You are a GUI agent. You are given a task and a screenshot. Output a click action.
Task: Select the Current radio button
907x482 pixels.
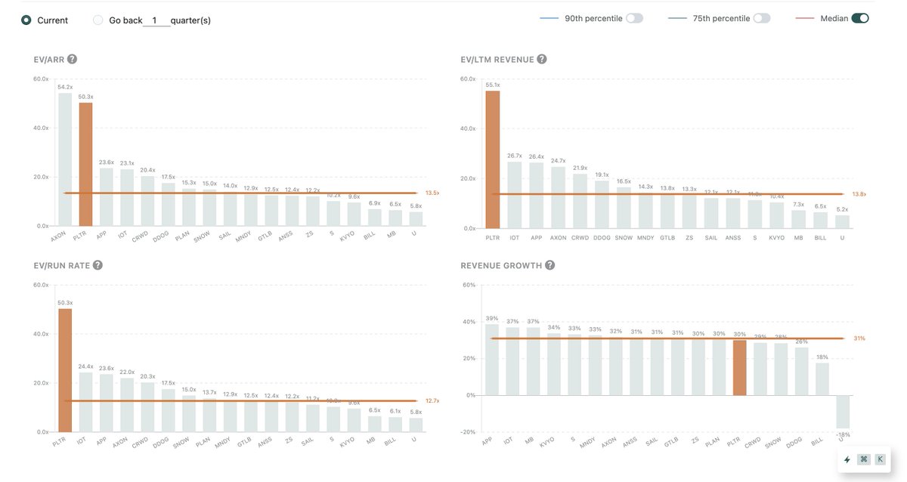point(26,20)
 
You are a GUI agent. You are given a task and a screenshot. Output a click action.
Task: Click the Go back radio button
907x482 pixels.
point(98,20)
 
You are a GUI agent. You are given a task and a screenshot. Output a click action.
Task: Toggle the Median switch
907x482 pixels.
point(859,18)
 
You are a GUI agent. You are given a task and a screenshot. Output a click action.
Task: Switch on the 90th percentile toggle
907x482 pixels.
point(634,18)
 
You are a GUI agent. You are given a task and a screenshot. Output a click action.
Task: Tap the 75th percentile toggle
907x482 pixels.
point(761,18)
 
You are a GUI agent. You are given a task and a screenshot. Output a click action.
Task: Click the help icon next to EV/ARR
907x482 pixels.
point(72,60)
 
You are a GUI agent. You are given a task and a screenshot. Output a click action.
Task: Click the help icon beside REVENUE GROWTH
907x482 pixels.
point(549,265)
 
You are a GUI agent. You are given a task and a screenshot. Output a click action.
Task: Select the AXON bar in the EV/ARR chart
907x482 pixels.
point(65,159)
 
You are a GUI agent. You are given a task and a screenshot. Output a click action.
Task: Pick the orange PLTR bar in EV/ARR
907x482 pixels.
point(85,164)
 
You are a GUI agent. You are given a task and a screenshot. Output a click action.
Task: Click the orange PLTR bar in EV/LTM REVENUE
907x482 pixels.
point(493,159)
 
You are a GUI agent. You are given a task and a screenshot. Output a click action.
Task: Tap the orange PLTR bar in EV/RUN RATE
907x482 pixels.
point(65,370)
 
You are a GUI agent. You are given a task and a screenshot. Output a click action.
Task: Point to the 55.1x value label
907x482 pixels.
point(493,85)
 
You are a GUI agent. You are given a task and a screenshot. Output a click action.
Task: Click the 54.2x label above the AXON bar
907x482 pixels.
point(65,87)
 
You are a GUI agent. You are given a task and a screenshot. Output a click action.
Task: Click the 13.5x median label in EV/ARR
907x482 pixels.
point(432,193)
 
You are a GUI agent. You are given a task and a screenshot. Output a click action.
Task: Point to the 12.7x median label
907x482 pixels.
point(432,401)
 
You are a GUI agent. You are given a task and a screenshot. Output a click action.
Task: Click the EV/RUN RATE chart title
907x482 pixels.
point(61,265)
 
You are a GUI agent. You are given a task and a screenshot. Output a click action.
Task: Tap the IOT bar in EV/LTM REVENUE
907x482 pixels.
point(515,195)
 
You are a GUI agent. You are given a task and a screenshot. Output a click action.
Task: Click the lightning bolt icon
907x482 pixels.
point(847,459)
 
